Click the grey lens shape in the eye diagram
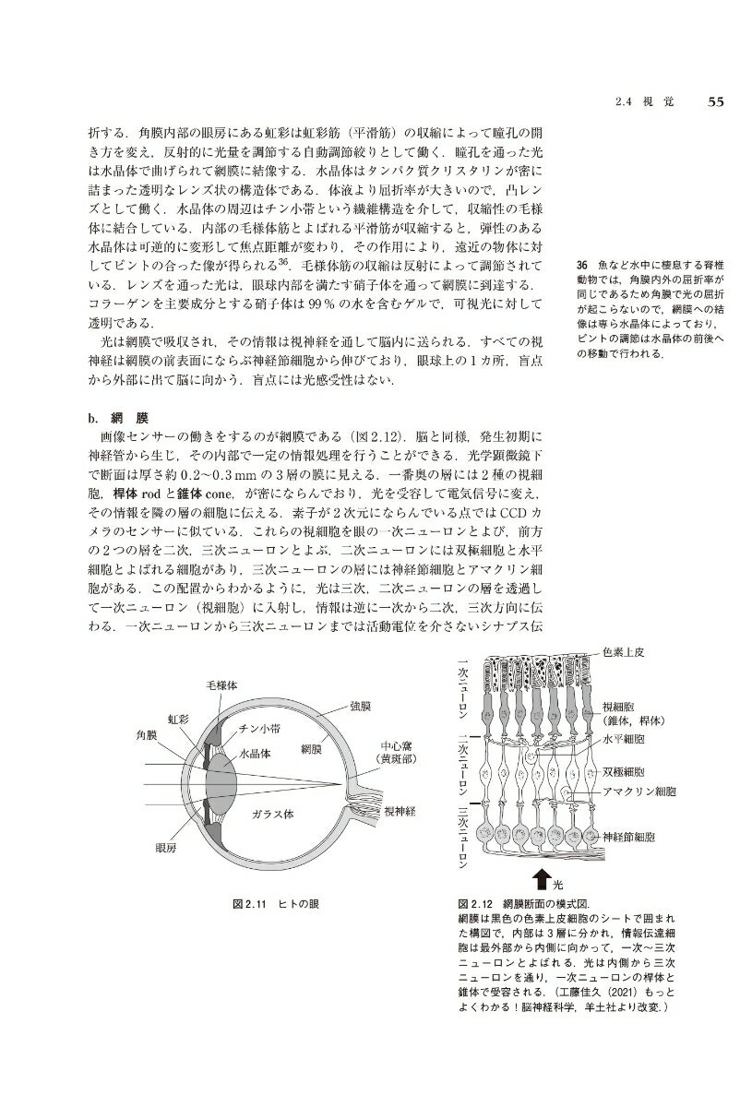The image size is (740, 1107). click(218, 773)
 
